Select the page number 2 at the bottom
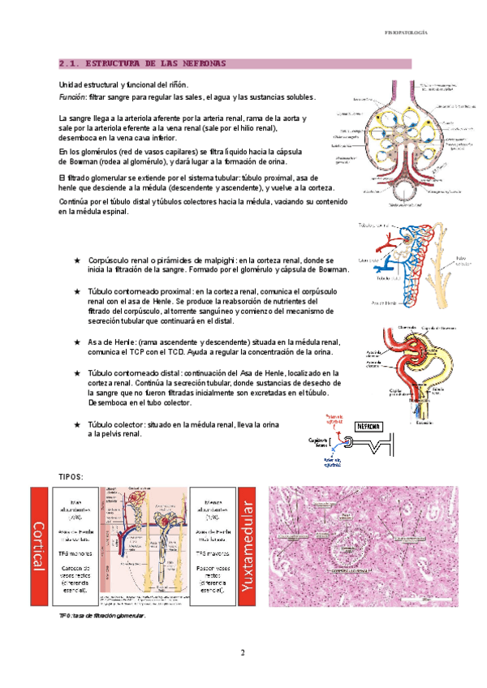pyautogui.click(x=243, y=653)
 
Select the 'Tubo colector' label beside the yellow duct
pyautogui.click(x=462, y=260)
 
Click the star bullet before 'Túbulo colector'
pyautogui.click(x=77, y=424)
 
